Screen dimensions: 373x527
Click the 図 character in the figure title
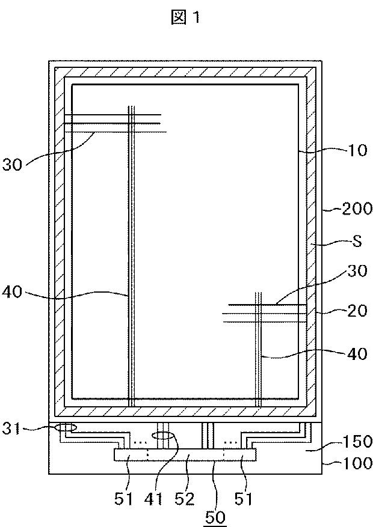pos(178,18)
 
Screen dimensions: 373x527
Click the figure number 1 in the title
pos(196,18)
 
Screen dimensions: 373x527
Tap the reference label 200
pos(357,209)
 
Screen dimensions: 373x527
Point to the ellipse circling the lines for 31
pos(65,428)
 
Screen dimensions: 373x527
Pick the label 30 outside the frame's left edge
pos(13,164)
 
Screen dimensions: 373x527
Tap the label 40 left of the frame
pos(13,292)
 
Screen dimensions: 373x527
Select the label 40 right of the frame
pos(357,354)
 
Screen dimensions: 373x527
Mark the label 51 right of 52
pos(244,498)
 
